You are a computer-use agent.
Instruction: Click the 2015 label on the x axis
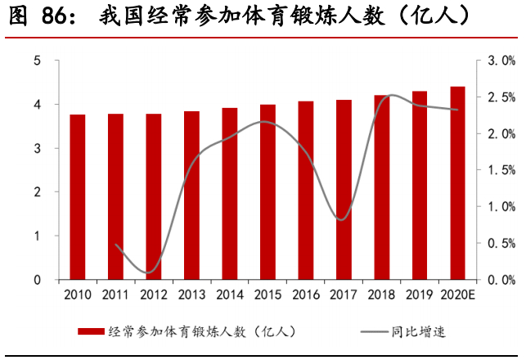click(x=267, y=294)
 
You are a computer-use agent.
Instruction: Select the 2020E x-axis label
click(x=457, y=294)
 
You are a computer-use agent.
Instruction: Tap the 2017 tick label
click(x=344, y=294)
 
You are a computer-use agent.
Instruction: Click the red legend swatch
click(x=91, y=331)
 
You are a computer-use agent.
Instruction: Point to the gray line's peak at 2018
click(x=391, y=95)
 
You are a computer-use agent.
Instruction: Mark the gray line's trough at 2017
click(x=342, y=219)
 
